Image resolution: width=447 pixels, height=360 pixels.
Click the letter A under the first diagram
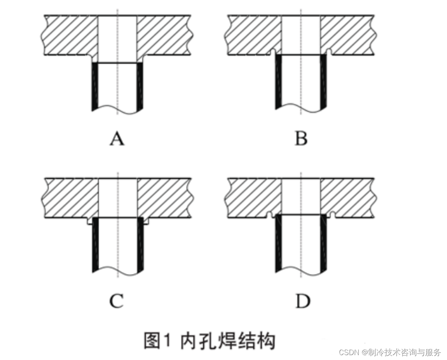pyautogui.click(x=117, y=139)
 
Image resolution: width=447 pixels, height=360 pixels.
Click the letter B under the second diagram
pyautogui.click(x=301, y=139)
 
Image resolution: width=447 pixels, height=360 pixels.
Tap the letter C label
pyautogui.click(x=117, y=301)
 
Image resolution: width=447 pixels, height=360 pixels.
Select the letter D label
pyautogui.click(x=301, y=301)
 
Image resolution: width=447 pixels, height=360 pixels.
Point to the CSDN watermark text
pyautogui.click(x=390, y=352)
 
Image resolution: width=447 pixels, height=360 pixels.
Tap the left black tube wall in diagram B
pyautogui.click(x=279, y=81)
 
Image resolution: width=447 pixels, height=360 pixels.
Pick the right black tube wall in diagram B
pyautogui.click(x=323, y=81)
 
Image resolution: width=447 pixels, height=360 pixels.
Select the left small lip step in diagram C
pyautogui.click(x=90, y=222)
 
